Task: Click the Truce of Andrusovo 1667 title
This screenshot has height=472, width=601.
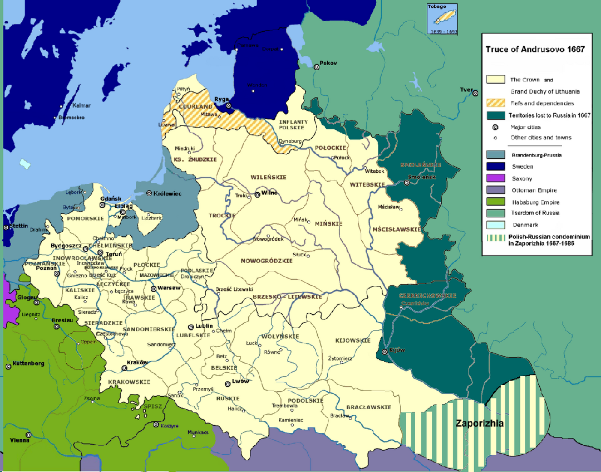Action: [x=534, y=49]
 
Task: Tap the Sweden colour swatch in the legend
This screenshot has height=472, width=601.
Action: [x=495, y=167]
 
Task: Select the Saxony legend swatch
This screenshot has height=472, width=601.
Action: [x=495, y=178]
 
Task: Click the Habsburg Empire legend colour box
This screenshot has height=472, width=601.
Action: [x=495, y=202]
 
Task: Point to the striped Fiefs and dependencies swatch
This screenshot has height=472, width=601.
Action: [x=495, y=103]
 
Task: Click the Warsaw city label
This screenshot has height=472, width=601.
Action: [x=169, y=288]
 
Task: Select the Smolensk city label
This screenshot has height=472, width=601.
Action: [x=422, y=177]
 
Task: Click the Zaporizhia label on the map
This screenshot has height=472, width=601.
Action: [x=480, y=424]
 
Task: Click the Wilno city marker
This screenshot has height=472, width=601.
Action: [x=257, y=194]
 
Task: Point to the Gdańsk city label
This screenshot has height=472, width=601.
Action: [x=107, y=198]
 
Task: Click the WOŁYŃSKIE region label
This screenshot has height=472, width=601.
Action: [x=282, y=336]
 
